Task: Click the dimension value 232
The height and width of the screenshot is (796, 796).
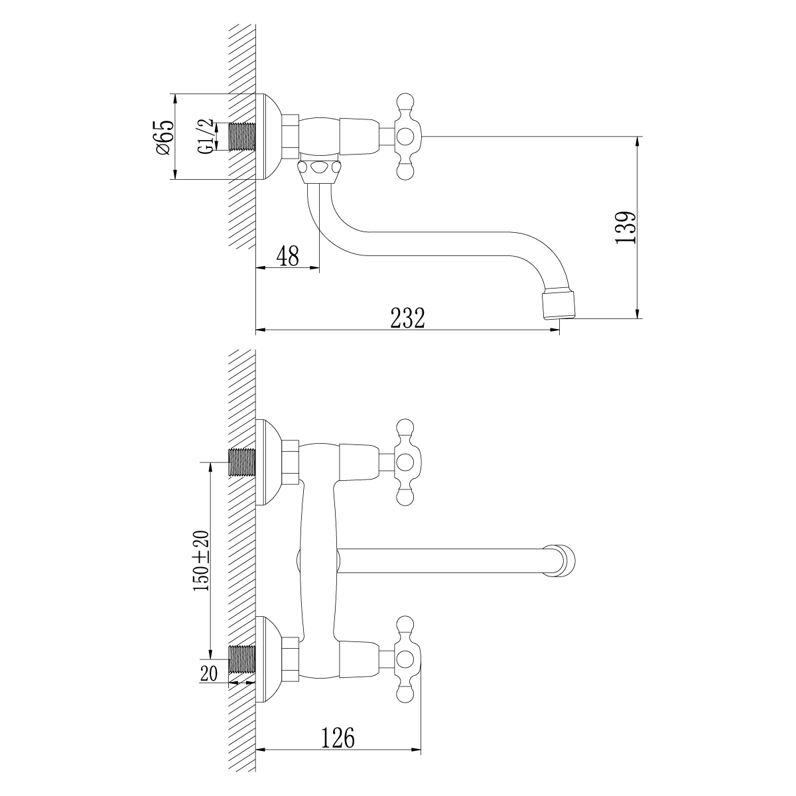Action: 407,317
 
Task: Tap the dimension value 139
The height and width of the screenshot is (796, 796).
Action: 625,228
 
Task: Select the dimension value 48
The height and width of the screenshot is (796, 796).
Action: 287,256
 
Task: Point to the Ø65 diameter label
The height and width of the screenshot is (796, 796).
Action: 164,137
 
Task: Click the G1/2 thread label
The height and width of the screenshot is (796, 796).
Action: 207,137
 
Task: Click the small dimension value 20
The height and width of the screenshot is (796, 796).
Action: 208,674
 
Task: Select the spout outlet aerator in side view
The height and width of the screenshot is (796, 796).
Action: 559,302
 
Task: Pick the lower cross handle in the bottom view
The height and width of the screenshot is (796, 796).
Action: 405,659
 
